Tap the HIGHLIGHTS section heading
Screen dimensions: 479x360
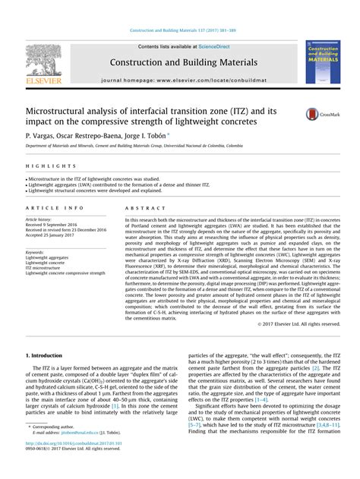click(43, 165)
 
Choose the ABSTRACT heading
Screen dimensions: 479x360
click(141, 207)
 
